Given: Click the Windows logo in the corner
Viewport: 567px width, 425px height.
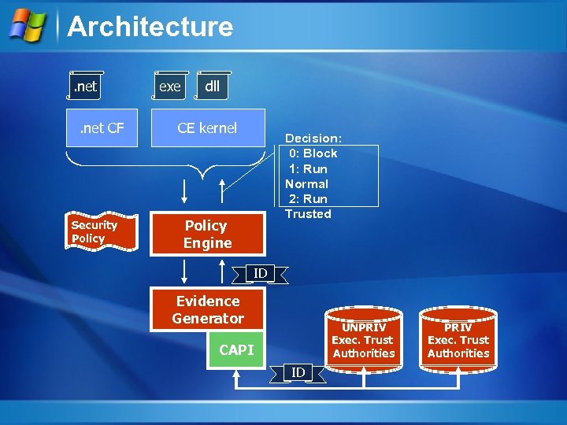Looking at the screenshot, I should (x=28, y=25).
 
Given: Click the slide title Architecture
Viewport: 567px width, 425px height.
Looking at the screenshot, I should (x=150, y=27).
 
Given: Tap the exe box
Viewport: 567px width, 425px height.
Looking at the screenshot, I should (x=169, y=87).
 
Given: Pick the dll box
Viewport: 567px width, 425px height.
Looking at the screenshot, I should (x=212, y=87).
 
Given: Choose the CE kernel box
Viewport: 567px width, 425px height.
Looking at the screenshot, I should (x=207, y=128).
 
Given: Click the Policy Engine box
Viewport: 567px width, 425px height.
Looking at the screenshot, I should (x=207, y=235).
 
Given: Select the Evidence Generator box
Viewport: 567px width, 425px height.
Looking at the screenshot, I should (x=209, y=309).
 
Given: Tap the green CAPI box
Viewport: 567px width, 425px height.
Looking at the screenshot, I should (x=236, y=349).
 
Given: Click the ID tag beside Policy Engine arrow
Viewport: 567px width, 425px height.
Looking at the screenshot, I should (x=260, y=273).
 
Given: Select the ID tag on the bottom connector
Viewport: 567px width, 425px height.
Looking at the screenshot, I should (x=298, y=371).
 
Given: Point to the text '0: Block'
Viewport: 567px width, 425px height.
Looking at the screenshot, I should (x=313, y=153).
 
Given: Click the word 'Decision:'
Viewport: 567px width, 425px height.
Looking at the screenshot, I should (x=313, y=139).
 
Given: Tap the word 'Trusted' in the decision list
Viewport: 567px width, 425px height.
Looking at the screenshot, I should (x=308, y=214).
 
